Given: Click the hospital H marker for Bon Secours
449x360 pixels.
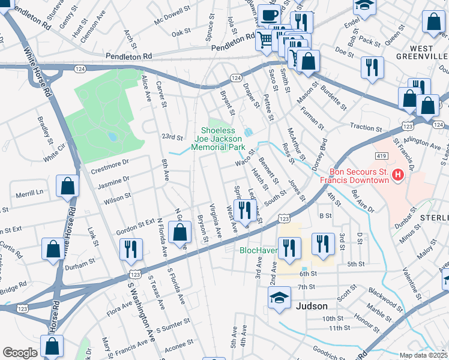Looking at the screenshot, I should pos(397,175).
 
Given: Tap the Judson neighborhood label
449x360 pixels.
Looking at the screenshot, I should pos(312,305).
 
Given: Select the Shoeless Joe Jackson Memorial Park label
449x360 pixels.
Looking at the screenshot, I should pos(223,138).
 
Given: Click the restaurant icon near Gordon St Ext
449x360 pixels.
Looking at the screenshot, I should pos(131,249).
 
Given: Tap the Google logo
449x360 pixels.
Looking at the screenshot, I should pos(20,353).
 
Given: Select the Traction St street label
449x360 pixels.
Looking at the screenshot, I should pos(363,127).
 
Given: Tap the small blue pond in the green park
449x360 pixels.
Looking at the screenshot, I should pos(112,137).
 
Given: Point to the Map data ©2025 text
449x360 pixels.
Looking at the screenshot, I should pos(423,355).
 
